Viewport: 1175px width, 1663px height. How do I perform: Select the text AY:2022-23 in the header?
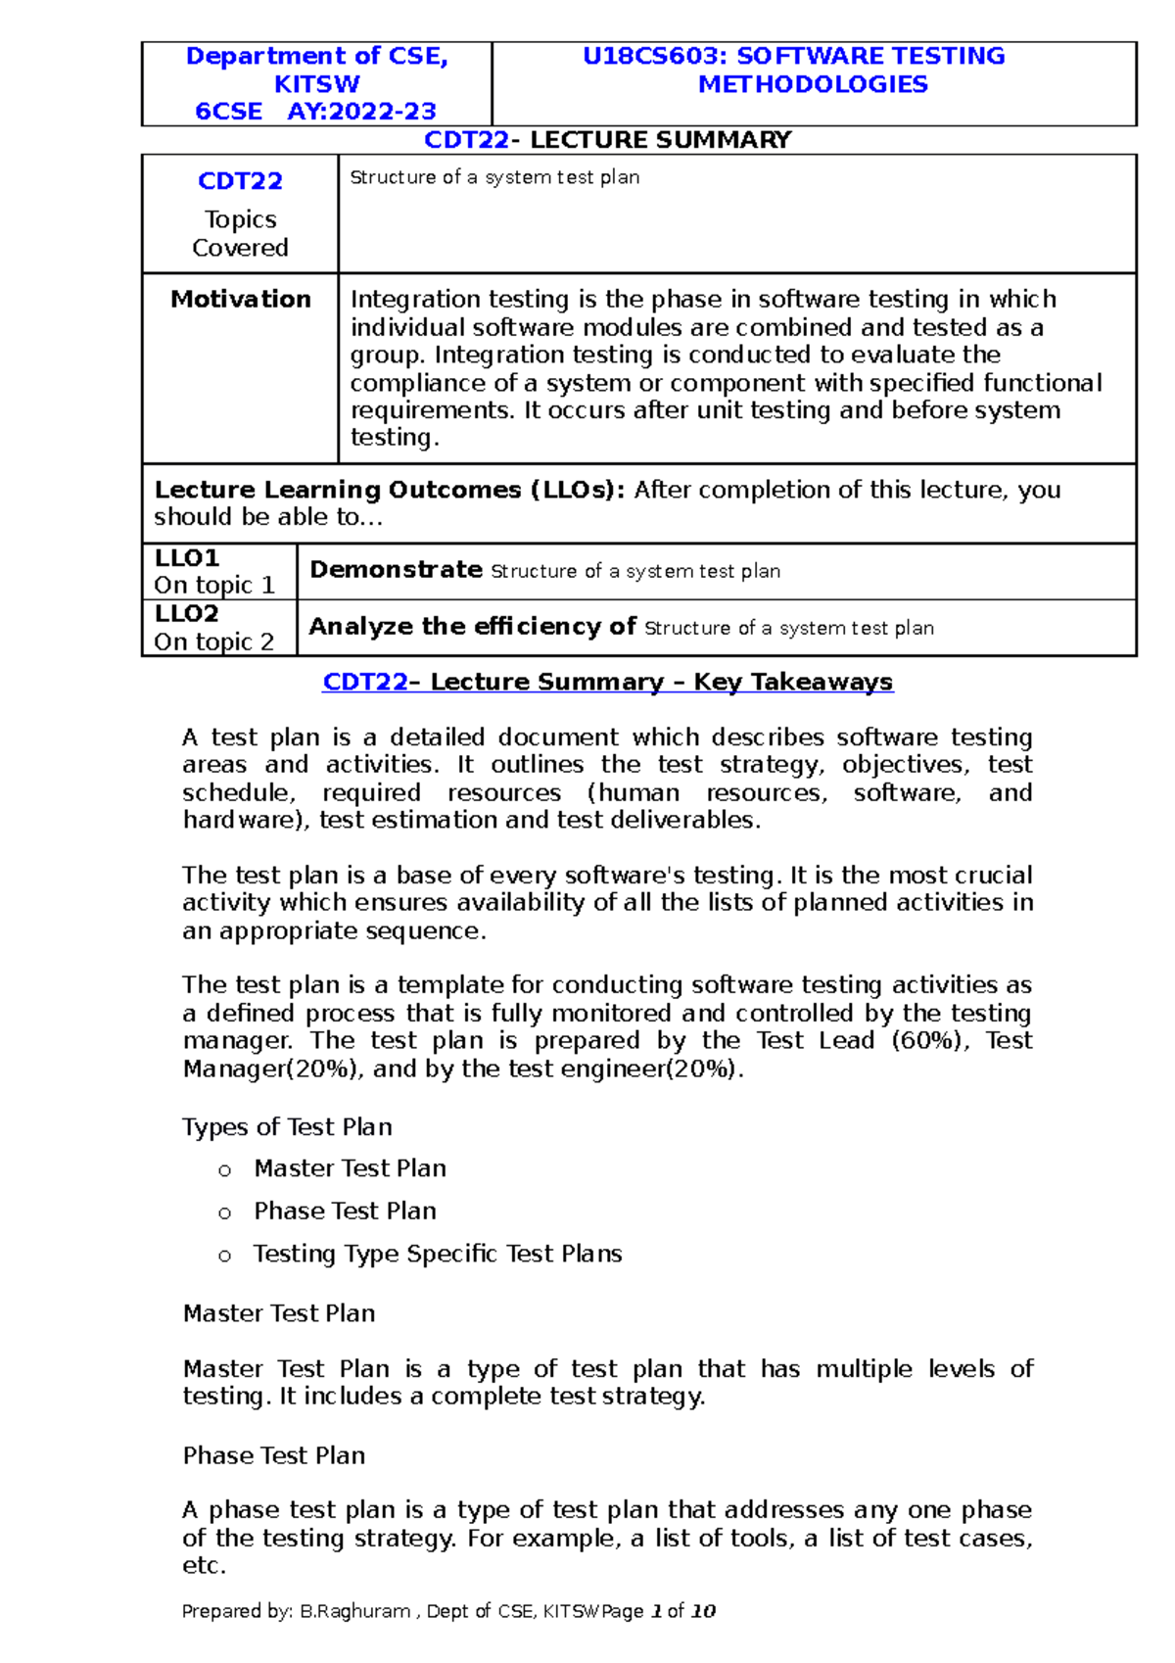pyautogui.click(x=361, y=112)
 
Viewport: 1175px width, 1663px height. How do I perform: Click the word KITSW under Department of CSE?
pyautogui.click(x=316, y=84)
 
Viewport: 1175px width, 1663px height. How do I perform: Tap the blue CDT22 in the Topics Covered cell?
pyautogui.click(x=240, y=181)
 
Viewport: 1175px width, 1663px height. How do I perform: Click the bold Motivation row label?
pyautogui.click(x=241, y=299)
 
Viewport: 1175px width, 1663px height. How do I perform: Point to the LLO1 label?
pyautogui.click(x=187, y=558)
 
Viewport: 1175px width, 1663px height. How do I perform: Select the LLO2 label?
pyautogui.click(x=187, y=614)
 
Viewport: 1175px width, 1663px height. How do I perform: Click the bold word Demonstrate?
pyautogui.click(x=396, y=570)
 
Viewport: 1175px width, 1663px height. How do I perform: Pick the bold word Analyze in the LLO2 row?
pyautogui.click(x=360, y=627)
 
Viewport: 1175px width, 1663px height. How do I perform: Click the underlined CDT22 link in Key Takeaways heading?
pyautogui.click(x=364, y=682)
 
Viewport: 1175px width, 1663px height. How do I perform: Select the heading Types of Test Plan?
pyautogui.click(x=287, y=1127)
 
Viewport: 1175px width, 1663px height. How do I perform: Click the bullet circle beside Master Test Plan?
pyautogui.click(x=225, y=1170)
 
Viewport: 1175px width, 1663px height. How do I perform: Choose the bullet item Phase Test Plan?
pyautogui.click(x=345, y=1212)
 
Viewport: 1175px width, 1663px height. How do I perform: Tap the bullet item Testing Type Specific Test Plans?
pyautogui.click(x=438, y=1254)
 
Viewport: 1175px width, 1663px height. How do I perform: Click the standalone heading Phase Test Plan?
pyautogui.click(x=274, y=1455)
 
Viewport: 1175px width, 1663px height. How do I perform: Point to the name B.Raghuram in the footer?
pyautogui.click(x=355, y=1611)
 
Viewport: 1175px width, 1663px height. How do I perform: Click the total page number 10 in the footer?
pyautogui.click(x=703, y=1611)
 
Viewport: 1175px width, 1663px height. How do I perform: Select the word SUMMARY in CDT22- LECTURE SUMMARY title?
pyautogui.click(x=727, y=140)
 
